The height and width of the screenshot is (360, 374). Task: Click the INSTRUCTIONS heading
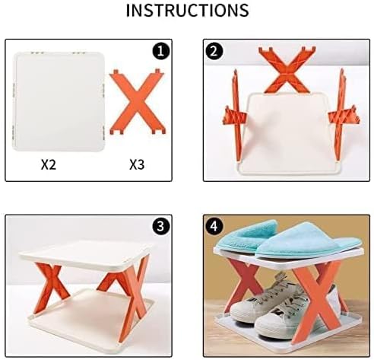186,11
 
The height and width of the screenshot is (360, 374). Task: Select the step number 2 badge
215,52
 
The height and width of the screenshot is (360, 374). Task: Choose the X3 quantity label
137,164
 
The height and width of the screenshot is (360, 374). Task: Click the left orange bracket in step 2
232,113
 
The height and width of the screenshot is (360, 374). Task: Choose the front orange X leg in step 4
315,304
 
